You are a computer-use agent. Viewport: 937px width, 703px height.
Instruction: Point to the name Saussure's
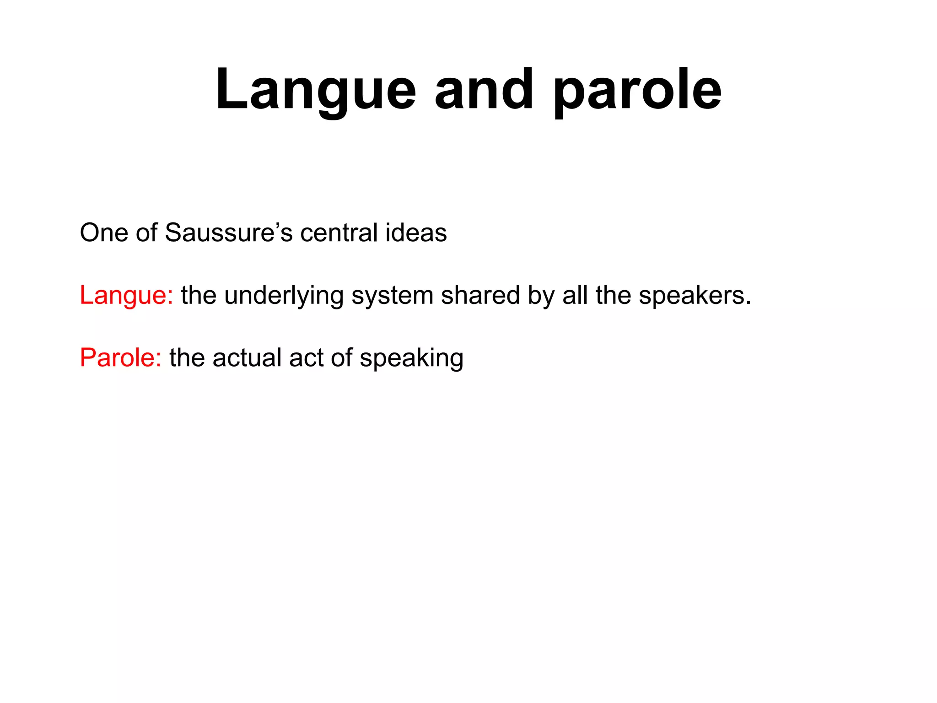[228, 233]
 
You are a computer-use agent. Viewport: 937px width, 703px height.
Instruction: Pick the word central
[339, 233]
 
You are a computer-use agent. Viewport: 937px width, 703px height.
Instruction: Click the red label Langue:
[126, 295]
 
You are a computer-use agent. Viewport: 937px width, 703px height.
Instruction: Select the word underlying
[284, 295]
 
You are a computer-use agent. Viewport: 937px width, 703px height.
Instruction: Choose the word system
[392, 295]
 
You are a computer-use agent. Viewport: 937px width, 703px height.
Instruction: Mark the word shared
[480, 295]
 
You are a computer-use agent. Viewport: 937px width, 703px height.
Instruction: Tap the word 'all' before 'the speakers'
[575, 295]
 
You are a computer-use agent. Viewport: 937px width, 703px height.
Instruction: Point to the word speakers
[691, 295]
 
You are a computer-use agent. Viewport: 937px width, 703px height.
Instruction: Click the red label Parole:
[120, 357]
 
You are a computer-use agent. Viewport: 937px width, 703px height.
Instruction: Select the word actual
[247, 357]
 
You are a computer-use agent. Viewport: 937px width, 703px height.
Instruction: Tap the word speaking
[411, 357]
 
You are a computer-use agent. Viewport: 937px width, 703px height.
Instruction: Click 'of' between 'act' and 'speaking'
[341, 357]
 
